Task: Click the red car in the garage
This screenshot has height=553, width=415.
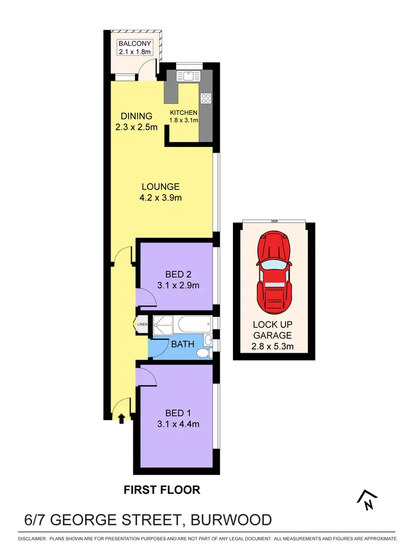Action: [274, 274]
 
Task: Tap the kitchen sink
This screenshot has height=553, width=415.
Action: [187, 76]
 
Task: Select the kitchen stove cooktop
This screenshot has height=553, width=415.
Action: [206, 99]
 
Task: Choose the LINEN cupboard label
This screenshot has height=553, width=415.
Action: [142, 325]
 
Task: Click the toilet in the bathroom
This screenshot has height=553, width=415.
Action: [204, 352]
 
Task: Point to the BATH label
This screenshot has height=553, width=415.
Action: [183, 344]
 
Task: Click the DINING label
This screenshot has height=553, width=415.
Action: [137, 116]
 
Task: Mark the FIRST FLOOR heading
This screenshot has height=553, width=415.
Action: [162, 489]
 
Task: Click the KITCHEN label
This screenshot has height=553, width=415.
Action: [184, 113]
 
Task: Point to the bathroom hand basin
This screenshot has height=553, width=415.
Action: [207, 339]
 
